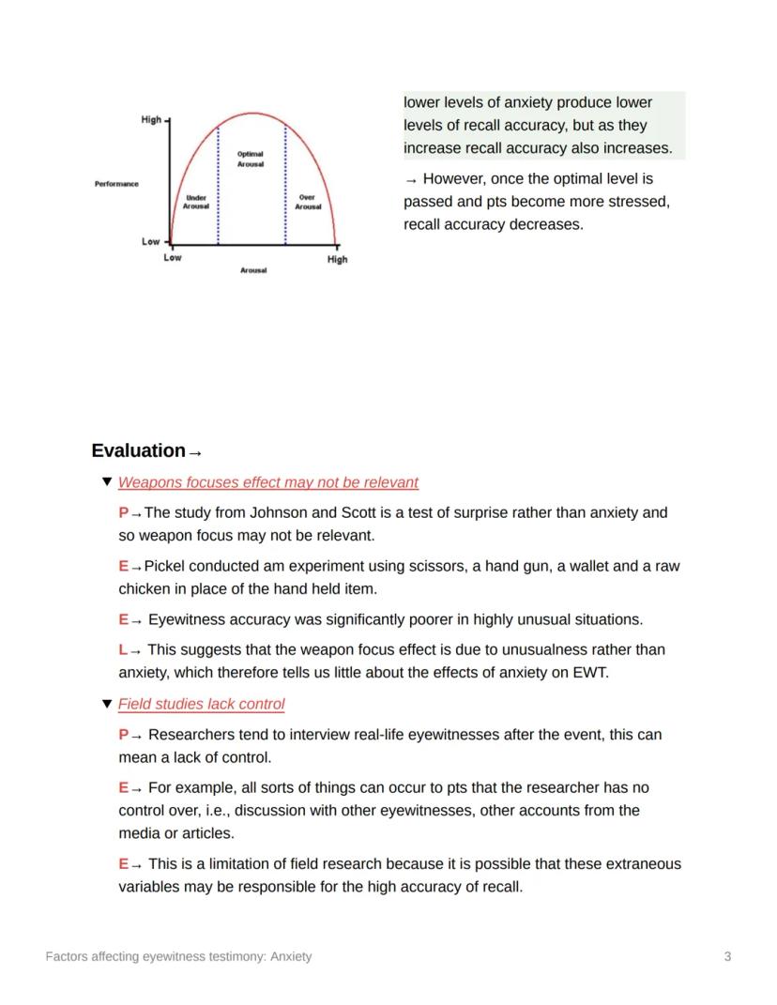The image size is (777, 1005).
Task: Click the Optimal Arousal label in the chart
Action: (x=250, y=159)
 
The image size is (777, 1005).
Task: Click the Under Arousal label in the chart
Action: (x=196, y=202)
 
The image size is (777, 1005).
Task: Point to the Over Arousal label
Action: (x=308, y=202)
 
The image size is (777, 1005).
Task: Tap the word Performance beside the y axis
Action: (x=116, y=184)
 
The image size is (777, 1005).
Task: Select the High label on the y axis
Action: (x=151, y=120)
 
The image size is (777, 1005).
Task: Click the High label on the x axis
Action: (x=337, y=260)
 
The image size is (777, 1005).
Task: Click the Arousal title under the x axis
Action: (x=253, y=270)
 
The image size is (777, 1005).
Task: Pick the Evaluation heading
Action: (x=139, y=451)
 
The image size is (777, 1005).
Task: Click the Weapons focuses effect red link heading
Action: (x=268, y=482)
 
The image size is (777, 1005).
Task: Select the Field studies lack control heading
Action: (x=201, y=704)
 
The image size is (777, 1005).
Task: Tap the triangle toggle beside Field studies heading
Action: (x=106, y=704)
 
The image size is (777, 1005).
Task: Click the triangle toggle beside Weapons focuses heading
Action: (x=106, y=482)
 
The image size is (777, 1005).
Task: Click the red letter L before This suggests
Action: (x=123, y=649)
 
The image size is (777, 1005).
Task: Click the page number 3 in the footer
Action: (x=727, y=956)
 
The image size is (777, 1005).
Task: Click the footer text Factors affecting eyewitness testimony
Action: (x=178, y=956)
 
